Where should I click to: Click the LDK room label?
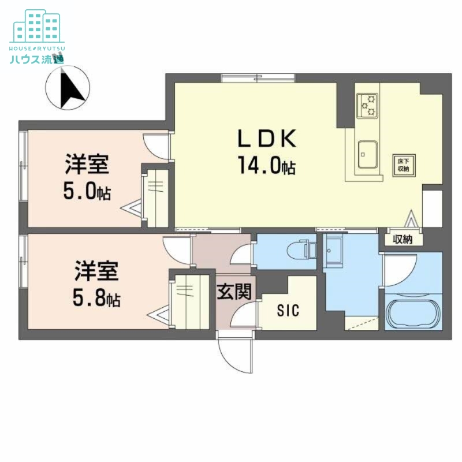click(x=267, y=139)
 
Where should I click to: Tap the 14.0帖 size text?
click(x=267, y=165)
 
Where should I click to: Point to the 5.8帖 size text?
click(x=96, y=298)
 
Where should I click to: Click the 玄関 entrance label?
click(x=234, y=292)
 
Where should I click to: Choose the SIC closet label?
click(x=288, y=310)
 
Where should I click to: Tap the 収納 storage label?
click(x=403, y=240)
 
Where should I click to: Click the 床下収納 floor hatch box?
click(x=404, y=165)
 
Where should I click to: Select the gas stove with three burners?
click(x=367, y=106)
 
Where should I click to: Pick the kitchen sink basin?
click(x=368, y=154)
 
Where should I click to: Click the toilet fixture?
click(x=301, y=251)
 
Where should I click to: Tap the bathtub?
click(x=413, y=314)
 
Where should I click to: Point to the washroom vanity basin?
click(x=333, y=251)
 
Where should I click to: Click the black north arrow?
click(x=70, y=88)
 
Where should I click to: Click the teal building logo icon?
click(x=37, y=26)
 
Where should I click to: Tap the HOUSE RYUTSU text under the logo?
click(x=37, y=49)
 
